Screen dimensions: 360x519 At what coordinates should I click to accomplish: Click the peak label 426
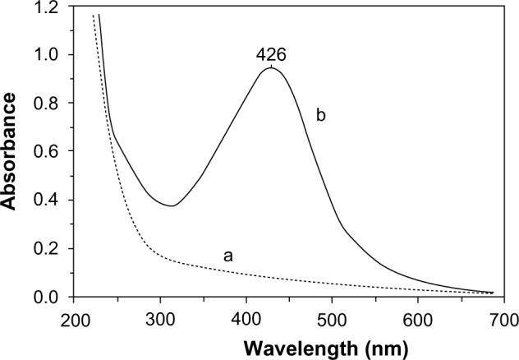(x=271, y=55)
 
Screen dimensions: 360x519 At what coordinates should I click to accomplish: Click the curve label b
(x=321, y=116)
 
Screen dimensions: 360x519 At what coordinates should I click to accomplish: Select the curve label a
(x=229, y=256)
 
